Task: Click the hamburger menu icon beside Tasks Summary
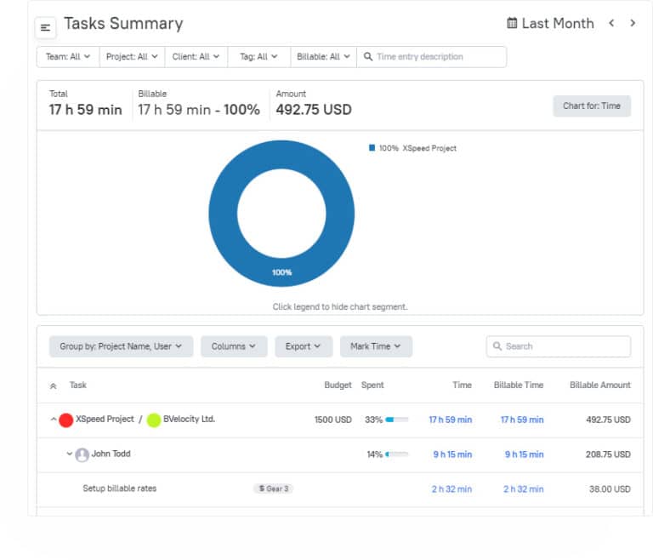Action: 46,28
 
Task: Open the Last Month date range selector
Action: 550,24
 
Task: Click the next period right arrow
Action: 633,24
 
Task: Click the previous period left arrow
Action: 611,24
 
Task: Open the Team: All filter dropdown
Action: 68,57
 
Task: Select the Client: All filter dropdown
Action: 196,57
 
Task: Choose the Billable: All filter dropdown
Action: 322,57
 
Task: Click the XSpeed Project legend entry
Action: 417,148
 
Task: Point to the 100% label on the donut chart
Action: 281,272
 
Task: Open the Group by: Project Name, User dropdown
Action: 121,346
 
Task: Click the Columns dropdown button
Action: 234,346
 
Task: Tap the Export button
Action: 303,346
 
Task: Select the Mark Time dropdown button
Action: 376,346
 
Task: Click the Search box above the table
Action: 559,346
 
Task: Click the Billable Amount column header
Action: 599,386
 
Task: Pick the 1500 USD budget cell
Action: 332,420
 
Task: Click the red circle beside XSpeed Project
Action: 65,420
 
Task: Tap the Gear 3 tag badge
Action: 273,489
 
